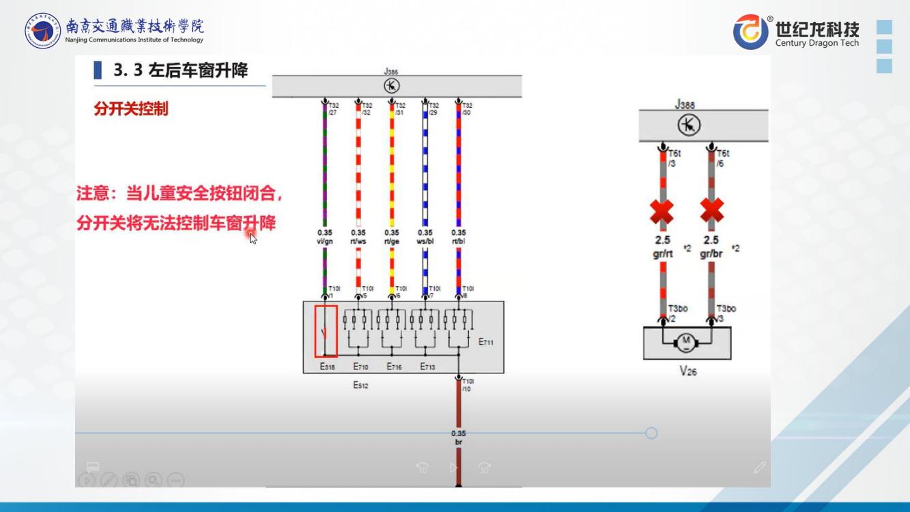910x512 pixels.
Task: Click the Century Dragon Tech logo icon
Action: (x=751, y=32)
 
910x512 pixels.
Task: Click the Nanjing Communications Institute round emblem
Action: (x=42, y=31)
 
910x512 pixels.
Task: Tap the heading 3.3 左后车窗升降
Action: (x=180, y=70)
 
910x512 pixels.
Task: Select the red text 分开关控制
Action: (x=130, y=109)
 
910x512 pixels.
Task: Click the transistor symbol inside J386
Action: (x=391, y=86)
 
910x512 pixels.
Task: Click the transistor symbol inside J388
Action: (x=689, y=126)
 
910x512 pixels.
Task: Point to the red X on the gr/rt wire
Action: (x=661, y=212)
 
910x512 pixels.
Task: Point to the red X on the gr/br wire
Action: (x=712, y=212)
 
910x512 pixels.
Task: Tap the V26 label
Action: (x=687, y=372)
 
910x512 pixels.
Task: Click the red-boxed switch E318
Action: (x=326, y=332)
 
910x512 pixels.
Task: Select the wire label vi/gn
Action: (x=325, y=241)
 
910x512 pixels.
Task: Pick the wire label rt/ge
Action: (x=391, y=241)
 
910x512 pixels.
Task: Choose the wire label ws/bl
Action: (x=425, y=241)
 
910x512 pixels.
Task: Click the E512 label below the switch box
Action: (x=360, y=386)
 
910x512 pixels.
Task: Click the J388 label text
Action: (x=685, y=104)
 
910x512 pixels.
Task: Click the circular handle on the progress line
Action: (x=651, y=433)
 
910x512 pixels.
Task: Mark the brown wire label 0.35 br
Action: (x=459, y=438)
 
